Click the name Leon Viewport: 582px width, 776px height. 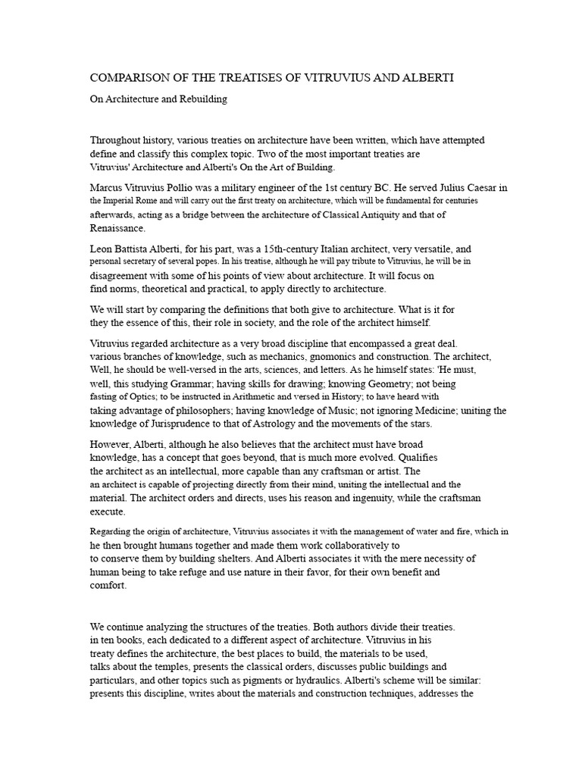pyautogui.click(x=103, y=249)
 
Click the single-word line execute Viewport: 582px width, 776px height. pyautogui.click(x=108, y=512)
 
